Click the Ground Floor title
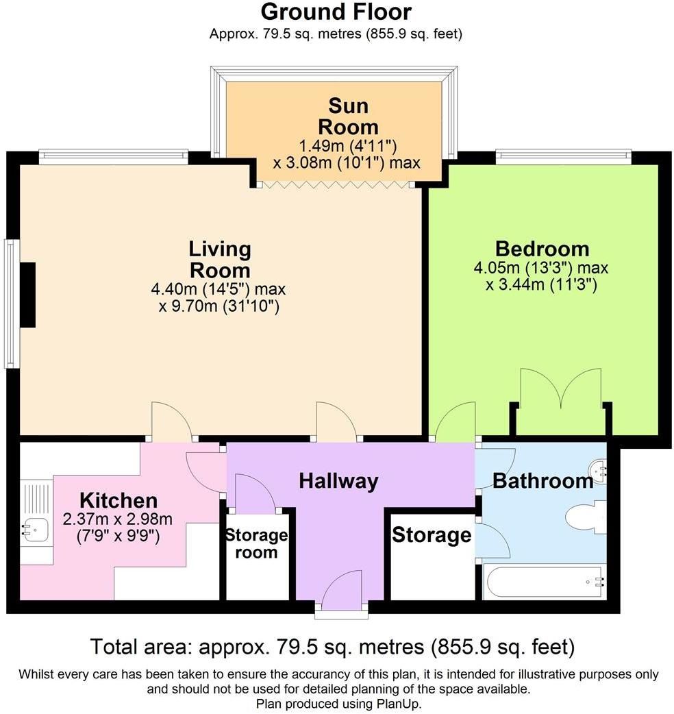(x=336, y=12)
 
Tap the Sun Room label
(x=348, y=116)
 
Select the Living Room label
(x=220, y=260)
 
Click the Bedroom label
(x=542, y=249)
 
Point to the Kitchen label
(x=118, y=500)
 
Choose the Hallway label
(x=338, y=481)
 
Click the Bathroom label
(x=543, y=481)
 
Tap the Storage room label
(x=257, y=543)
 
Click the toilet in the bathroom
(x=586, y=517)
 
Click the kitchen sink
(x=36, y=530)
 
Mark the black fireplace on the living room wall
(x=28, y=295)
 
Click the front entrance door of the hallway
(x=341, y=590)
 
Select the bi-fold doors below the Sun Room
(x=336, y=184)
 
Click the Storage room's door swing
(x=255, y=491)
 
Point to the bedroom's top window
(x=564, y=157)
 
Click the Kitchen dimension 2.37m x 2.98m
(x=117, y=519)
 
